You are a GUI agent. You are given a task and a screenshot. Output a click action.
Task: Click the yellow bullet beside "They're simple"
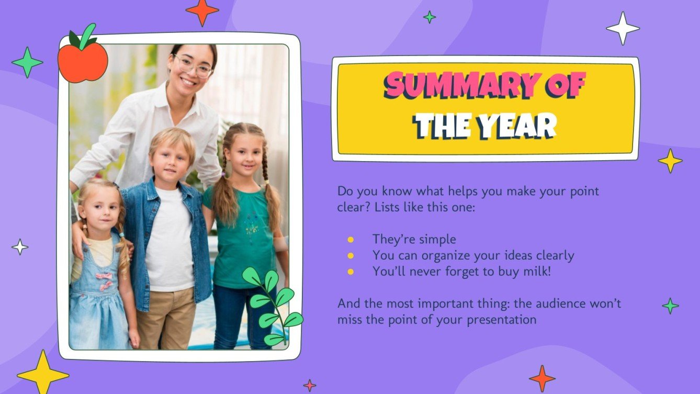tap(351, 240)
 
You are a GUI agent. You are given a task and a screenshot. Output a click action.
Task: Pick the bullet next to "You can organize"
tap(351, 256)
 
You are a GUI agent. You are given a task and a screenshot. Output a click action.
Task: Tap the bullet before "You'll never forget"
tap(351, 272)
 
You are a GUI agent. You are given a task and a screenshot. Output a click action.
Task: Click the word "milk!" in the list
tap(534, 272)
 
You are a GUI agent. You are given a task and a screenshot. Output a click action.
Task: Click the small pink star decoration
tap(310, 386)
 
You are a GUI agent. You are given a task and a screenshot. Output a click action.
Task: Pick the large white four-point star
tap(623, 28)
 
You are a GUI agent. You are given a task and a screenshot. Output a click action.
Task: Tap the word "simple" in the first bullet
tap(436, 240)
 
